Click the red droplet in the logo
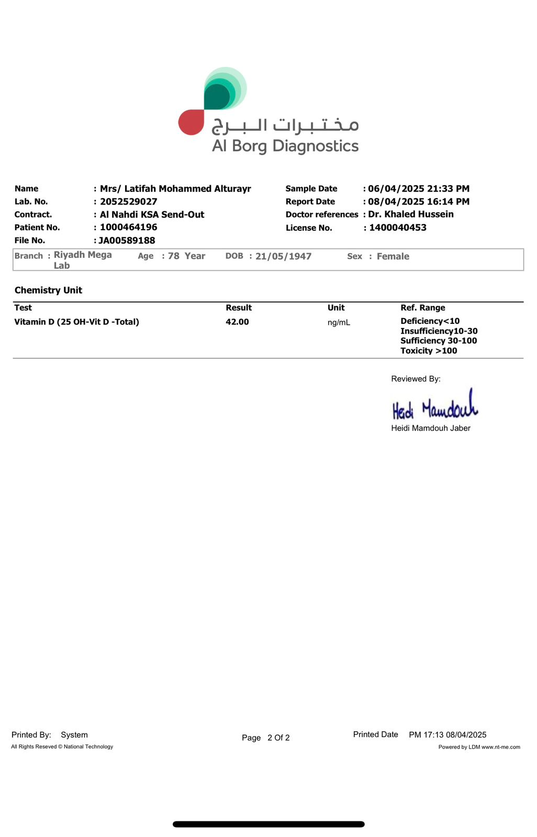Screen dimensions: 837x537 [191, 122]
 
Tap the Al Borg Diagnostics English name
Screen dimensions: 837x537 [285, 146]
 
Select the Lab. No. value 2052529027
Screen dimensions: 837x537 [129, 202]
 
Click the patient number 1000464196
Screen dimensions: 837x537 [129, 228]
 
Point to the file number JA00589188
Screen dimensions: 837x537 [127, 241]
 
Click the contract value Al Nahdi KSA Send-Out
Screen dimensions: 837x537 [152, 214]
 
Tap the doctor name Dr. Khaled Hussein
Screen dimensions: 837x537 [411, 214]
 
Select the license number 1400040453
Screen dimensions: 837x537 [398, 228]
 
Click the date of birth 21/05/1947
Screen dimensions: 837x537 [283, 256]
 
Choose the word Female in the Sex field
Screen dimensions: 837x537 [393, 256]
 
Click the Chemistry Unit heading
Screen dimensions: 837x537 [48, 290]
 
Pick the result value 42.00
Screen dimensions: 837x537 [237, 322]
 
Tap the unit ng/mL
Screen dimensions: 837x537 [339, 323]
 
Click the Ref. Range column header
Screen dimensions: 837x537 [423, 308]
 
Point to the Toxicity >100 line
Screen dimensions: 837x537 [429, 351]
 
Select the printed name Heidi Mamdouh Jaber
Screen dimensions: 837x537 [431, 428]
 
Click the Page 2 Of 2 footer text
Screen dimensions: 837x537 [266, 738]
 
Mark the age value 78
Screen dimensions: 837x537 [174, 256]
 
